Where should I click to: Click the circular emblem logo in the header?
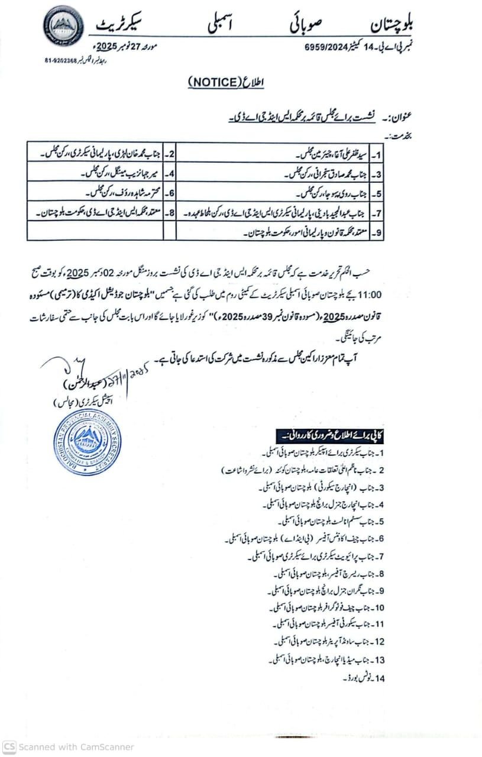(63, 28)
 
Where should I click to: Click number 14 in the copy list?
(379, 678)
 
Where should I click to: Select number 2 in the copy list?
(381, 471)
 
